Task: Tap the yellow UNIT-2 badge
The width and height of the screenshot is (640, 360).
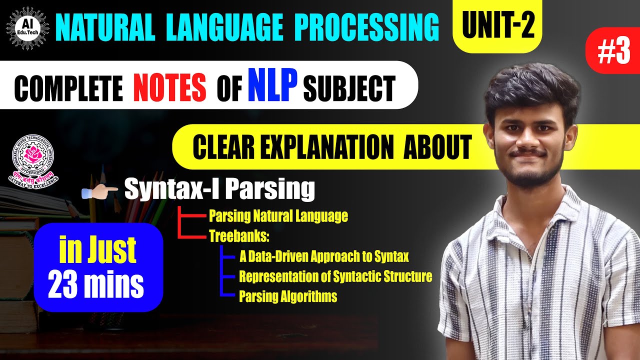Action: pos(497,25)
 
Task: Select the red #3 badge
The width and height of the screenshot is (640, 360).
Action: pos(612,51)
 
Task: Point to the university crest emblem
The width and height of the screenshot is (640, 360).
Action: pos(33,158)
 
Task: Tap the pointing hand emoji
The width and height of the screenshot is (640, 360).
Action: pos(102,190)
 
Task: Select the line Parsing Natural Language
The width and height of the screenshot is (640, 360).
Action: pos(278,216)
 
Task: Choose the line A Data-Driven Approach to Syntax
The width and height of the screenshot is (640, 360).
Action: pos(324,257)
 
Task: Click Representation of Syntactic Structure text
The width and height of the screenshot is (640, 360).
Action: pos(335,276)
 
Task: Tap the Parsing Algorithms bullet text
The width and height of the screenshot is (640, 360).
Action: pos(288,296)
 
